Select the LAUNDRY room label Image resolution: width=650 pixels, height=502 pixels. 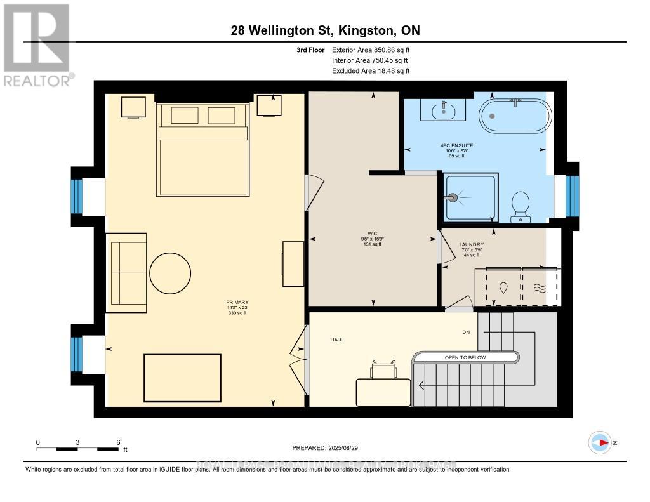[x=472, y=244]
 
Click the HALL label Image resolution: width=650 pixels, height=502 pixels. [x=336, y=340]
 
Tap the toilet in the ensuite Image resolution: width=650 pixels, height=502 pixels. [x=521, y=206]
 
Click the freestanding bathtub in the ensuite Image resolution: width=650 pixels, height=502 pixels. [x=514, y=115]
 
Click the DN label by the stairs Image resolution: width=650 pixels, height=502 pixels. [x=465, y=331]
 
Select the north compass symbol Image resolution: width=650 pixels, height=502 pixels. [x=600, y=442]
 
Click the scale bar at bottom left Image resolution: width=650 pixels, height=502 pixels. [x=77, y=449]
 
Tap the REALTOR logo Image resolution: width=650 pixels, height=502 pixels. [x=37, y=45]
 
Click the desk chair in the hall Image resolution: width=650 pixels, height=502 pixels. [x=383, y=370]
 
